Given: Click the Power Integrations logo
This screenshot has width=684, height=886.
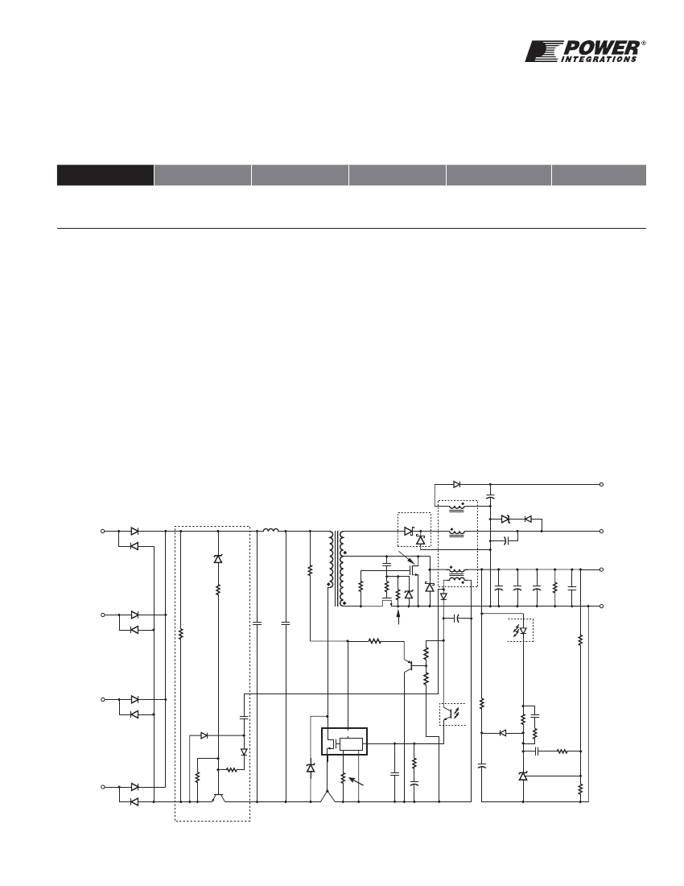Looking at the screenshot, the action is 585,51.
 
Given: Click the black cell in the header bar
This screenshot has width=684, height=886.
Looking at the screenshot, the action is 105,175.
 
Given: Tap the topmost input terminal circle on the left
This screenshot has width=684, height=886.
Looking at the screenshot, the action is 103,531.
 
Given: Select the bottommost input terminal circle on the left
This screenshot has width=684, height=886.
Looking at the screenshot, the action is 103,787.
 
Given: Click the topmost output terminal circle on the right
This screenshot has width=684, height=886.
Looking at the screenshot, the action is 602,484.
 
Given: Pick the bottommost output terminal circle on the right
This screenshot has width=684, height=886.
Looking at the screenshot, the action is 602,606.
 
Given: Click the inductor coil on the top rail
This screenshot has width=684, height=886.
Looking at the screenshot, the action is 271,530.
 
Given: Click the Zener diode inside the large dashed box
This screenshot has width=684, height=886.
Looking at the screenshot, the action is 218,559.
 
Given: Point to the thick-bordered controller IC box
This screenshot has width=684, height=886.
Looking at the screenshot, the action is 344,741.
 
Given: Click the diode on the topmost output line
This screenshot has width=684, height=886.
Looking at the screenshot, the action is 456,484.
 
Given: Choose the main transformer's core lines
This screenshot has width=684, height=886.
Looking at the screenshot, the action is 337,568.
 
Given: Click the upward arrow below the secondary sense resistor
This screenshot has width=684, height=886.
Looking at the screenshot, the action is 399,617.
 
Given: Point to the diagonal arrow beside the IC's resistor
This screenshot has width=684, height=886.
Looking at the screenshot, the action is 356,782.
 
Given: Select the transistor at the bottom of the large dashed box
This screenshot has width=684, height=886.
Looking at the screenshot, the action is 218,797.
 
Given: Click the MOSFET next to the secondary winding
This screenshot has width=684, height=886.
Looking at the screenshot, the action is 414,567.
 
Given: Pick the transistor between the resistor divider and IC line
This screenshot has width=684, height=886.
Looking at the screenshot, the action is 408,665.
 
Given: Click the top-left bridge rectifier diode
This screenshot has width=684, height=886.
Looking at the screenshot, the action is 134,531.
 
